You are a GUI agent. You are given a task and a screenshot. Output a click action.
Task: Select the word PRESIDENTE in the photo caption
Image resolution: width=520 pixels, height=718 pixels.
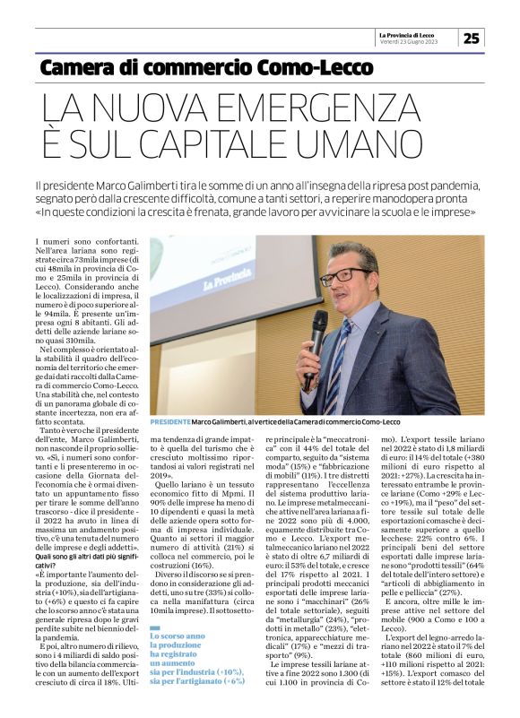pyautogui.click(x=170, y=421)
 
